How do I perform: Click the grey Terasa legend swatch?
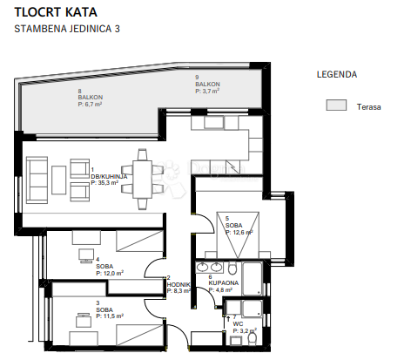click(x=335, y=105)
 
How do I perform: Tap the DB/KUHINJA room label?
click(x=109, y=179)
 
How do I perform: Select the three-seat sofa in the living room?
click(x=37, y=177)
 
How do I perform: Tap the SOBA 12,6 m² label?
click(x=239, y=229)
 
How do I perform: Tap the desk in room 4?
click(x=85, y=255)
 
